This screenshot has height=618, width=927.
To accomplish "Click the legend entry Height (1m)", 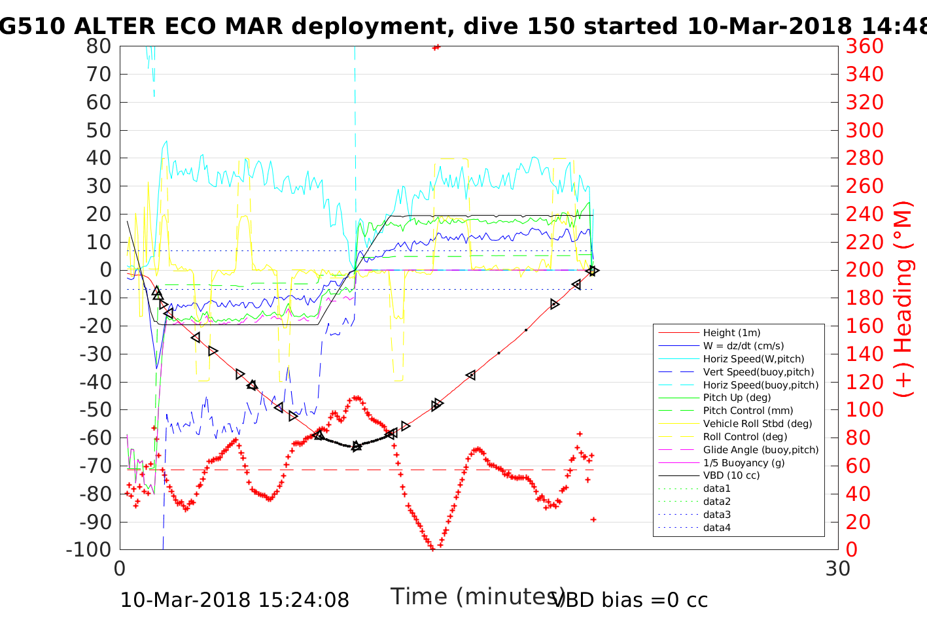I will pyautogui.click(x=731, y=333).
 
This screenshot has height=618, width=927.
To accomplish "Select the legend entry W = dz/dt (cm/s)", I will pyautogui.click(x=743, y=346).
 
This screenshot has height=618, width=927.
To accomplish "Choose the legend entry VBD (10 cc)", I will pyautogui.click(x=731, y=475).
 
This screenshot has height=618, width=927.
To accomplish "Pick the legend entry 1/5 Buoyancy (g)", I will pyautogui.click(x=744, y=462).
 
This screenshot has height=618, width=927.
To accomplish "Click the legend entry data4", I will pyautogui.click(x=717, y=527).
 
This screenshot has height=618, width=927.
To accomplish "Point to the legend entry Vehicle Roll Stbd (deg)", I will pyautogui.click(x=758, y=424).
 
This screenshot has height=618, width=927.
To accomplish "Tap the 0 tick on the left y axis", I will pyautogui.click(x=105, y=270).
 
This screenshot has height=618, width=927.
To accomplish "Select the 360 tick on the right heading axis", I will pyautogui.click(x=864, y=46).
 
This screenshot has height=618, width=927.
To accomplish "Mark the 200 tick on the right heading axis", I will pyautogui.click(x=864, y=270).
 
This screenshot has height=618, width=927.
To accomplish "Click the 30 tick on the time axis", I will pyautogui.click(x=838, y=568).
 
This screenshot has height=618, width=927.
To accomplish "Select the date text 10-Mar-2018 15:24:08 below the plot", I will pyautogui.click(x=234, y=600).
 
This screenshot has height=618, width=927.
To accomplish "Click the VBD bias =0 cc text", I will pyautogui.click(x=630, y=600).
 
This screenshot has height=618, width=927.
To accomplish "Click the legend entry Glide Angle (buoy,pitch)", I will pyautogui.click(x=761, y=449).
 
